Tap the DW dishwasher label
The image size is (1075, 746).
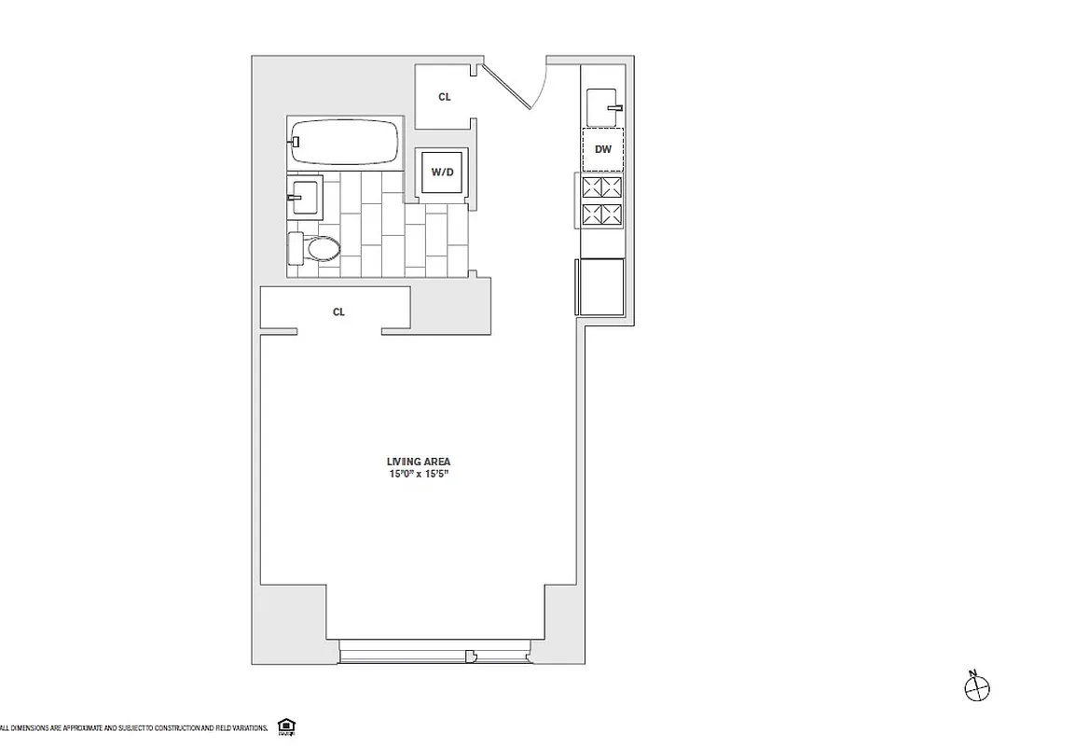click(x=602, y=149)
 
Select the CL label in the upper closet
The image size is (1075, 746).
click(x=445, y=96)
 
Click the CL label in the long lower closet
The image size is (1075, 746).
click(x=338, y=312)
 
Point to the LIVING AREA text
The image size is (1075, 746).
click(x=419, y=462)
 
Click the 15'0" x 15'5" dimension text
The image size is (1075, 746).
click(x=419, y=474)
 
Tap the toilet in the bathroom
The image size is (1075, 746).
click(x=314, y=248)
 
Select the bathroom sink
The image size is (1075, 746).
click(x=305, y=194)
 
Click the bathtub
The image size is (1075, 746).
click(x=344, y=143)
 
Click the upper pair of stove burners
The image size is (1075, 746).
click(x=602, y=186)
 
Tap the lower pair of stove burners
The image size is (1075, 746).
click(x=602, y=215)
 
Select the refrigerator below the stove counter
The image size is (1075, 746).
click(x=601, y=287)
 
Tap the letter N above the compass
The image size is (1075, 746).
click(x=972, y=673)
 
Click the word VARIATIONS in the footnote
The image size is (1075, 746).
click(x=246, y=727)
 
